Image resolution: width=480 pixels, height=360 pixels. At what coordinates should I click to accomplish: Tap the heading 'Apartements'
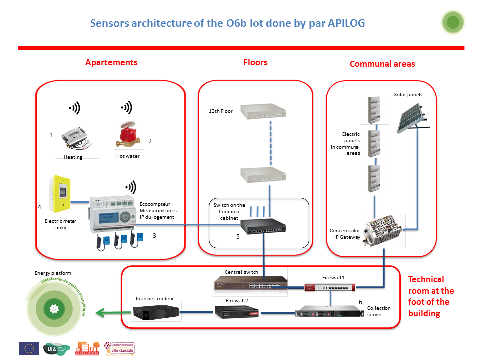coord(111,63)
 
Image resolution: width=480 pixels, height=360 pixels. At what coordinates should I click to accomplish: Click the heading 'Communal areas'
coord(382,64)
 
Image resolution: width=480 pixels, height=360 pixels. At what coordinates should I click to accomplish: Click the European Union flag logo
coord(29,348)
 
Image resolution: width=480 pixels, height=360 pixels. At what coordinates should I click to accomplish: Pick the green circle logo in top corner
coord(453,22)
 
